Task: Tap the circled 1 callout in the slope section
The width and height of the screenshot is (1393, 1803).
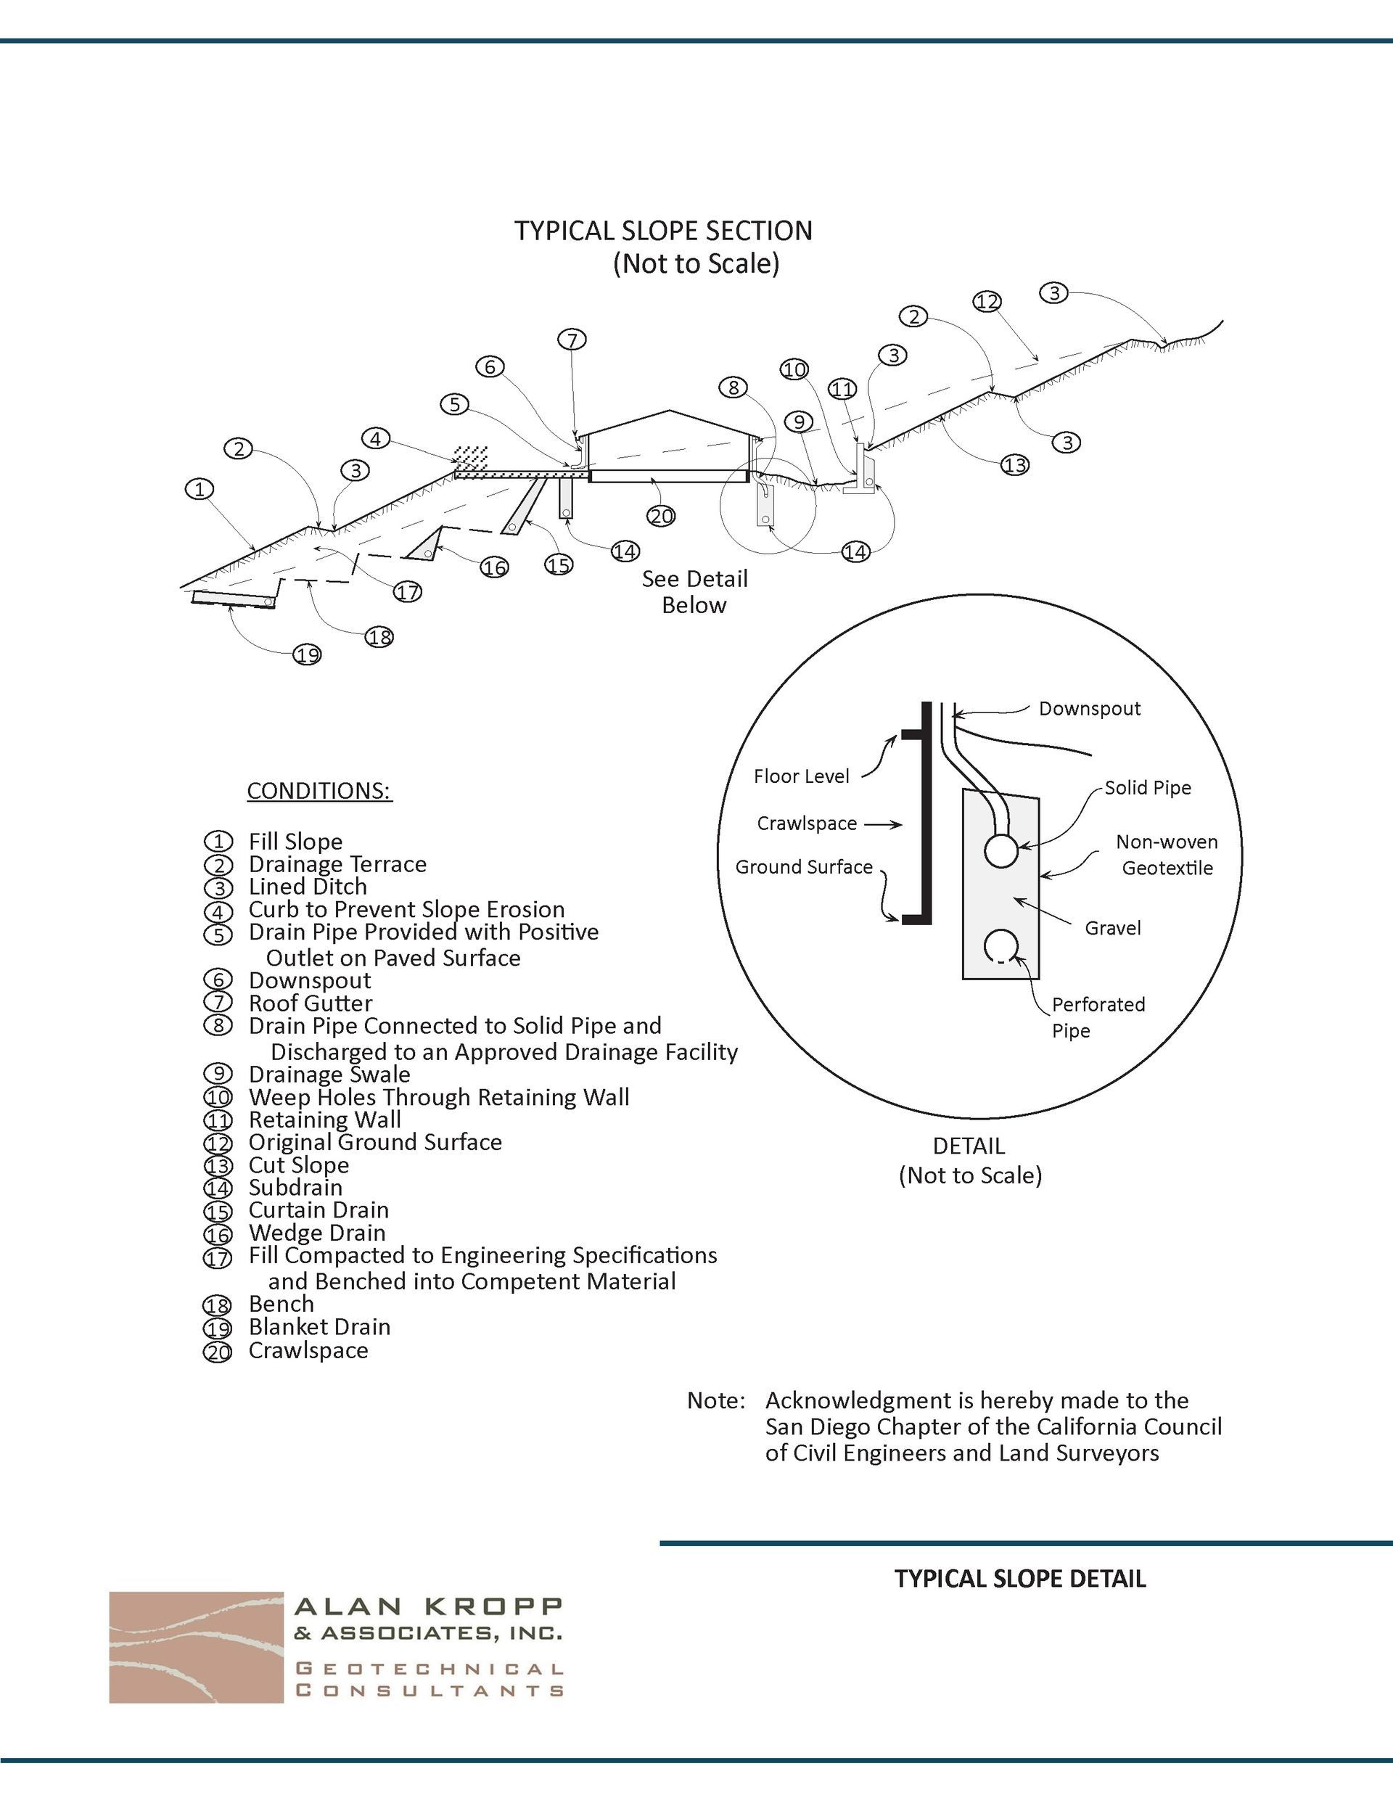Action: tap(199, 490)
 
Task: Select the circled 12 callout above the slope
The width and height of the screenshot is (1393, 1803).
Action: tap(987, 302)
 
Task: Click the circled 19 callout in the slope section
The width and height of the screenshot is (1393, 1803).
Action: tap(307, 655)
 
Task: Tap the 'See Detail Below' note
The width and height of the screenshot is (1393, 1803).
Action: tap(694, 592)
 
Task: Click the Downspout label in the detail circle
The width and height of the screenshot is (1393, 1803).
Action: tap(1089, 708)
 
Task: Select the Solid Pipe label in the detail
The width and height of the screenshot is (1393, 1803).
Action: tap(1148, 787)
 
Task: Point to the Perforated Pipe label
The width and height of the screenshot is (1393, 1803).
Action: tap(1098, 1017)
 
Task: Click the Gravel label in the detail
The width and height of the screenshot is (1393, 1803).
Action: tap(1112, 928)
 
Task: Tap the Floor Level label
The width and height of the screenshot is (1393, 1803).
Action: tap(801, 776)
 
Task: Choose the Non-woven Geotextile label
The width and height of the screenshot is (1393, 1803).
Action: tap(1167, 855)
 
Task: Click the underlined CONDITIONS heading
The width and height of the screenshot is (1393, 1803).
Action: tap(319, 791)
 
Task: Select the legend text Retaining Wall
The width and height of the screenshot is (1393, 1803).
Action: tap(324, 1120)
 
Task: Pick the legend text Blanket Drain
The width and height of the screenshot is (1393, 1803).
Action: tap(319, 1326)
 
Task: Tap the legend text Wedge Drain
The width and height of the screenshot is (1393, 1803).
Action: tap(317, 1233)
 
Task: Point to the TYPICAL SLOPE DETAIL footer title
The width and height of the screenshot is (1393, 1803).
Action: tap(1020, 1580)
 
